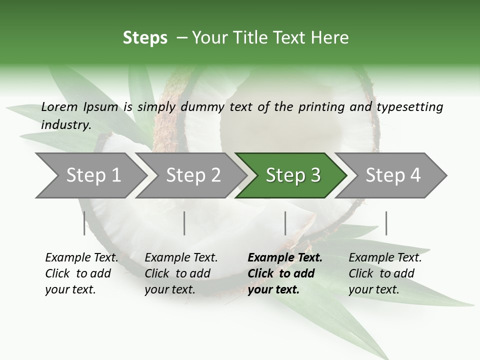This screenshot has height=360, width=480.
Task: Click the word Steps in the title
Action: coord(145,38)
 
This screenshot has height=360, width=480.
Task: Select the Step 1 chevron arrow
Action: coord(90,175)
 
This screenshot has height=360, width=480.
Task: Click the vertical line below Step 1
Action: coord(84,223)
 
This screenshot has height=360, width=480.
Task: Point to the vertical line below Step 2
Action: coord(184,223)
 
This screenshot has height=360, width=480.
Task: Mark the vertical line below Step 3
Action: coord(285,223)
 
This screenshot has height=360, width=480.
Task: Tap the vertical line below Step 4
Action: coord(386,223)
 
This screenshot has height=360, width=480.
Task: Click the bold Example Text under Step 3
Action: coord(285,273)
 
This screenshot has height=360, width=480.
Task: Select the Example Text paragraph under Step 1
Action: coord(81,273)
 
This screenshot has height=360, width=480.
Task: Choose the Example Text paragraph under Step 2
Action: coord(181,273)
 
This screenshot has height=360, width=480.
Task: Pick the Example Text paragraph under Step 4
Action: coord(385,273)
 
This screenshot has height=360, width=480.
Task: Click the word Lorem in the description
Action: coord(59,106)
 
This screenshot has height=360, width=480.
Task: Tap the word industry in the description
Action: coord(65,125)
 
